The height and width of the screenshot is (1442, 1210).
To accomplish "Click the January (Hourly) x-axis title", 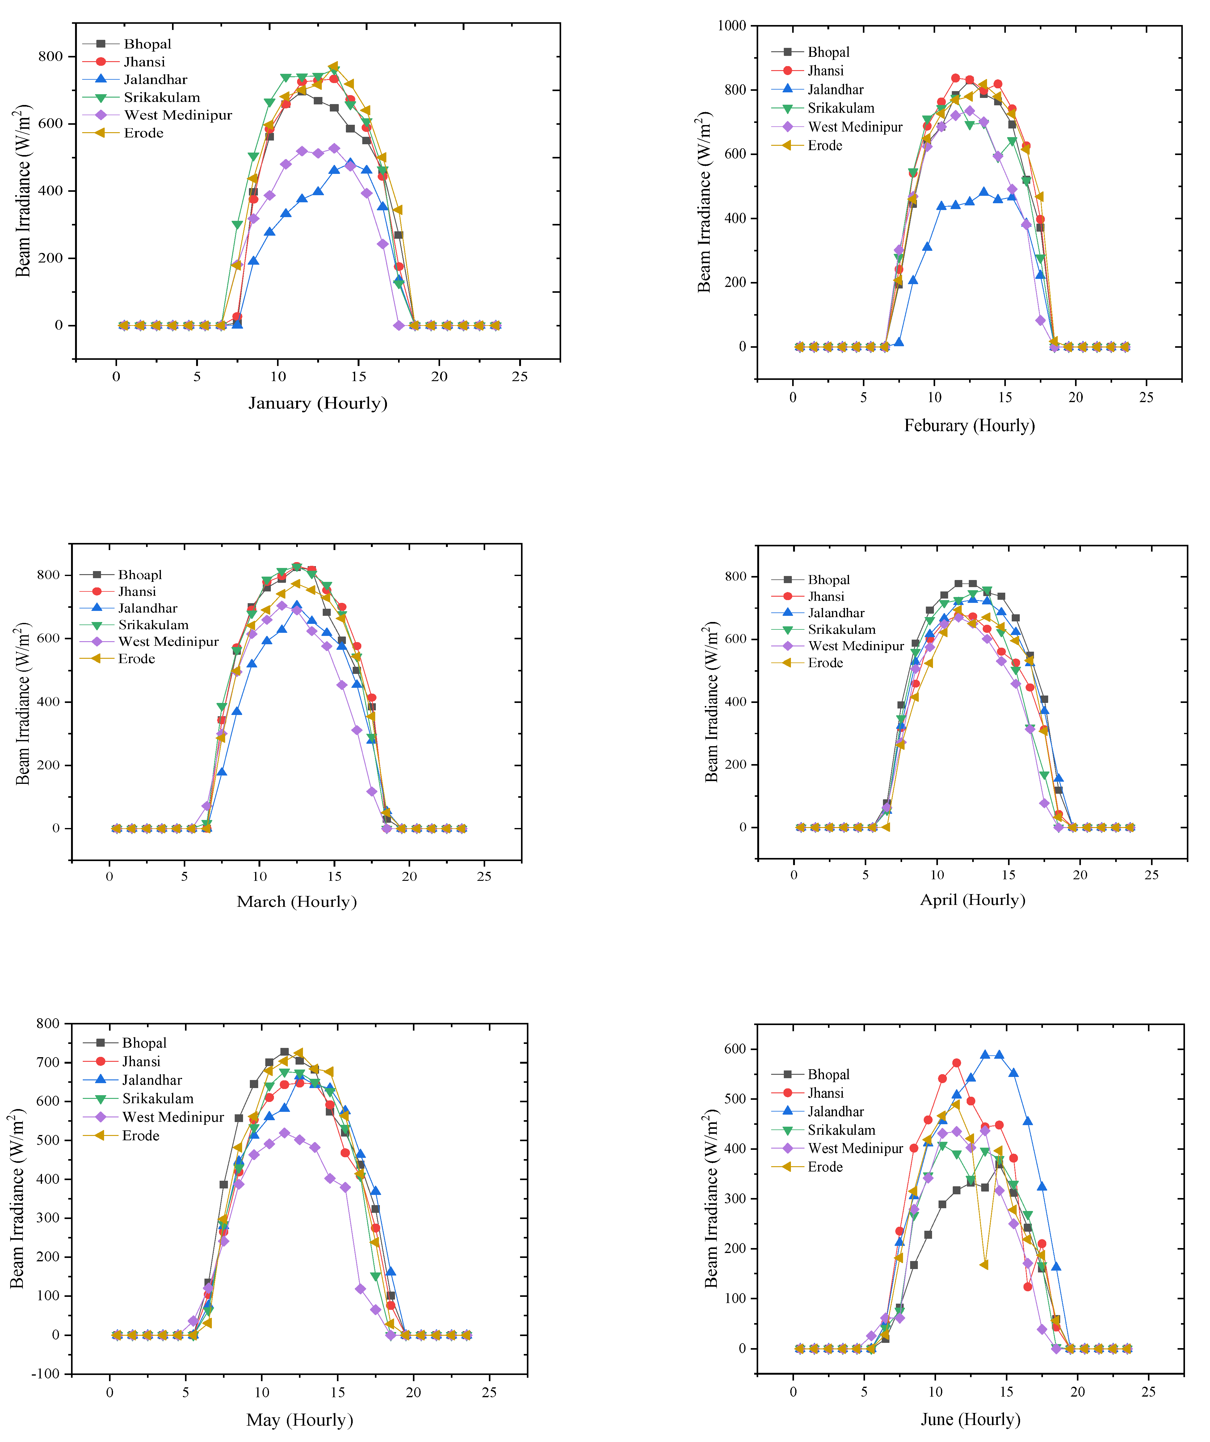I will (318, 403).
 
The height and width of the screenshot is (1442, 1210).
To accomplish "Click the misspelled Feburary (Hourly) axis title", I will (969, 426).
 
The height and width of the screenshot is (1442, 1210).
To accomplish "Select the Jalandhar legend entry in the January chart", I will (155, 80).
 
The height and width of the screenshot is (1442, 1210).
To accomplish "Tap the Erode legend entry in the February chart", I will (825, 145).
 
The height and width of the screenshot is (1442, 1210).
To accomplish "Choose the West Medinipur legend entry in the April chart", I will (856, 646).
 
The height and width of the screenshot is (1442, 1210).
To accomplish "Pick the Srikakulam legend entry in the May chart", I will (158, 1099).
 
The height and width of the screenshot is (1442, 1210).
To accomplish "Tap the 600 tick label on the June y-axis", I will (735, 1049).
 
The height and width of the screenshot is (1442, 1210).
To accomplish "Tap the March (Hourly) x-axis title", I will (297, 902).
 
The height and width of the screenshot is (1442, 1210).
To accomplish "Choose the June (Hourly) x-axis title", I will (970, 1419).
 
